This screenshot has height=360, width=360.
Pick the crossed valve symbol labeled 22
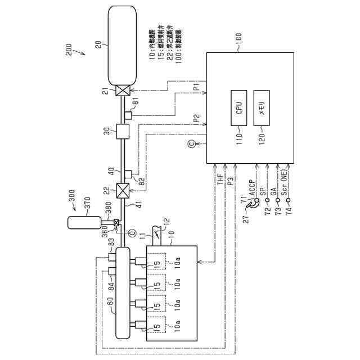tap(121, 191)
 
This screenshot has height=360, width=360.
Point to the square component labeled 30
tap(121, 132)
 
